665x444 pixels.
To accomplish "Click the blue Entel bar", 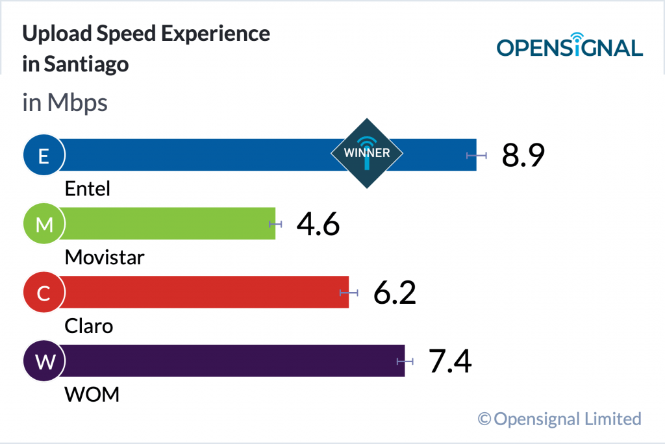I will coord(195,154).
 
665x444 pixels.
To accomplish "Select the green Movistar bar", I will coord(169,223).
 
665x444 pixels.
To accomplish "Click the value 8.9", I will coord(523,155).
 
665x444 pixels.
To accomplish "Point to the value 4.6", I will coord(318,224).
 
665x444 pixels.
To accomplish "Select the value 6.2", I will coord(394,293).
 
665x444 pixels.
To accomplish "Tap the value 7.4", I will coord(450,362).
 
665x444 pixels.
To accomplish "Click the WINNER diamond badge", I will coord(367,154).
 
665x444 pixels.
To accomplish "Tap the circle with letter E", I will coord(44,155).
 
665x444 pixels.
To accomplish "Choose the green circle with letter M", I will coord(44,224).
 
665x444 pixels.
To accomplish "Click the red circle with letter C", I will coord(44,293).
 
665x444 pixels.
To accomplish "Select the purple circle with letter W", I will coord(44,362).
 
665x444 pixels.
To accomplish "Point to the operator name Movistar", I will coord(105,258).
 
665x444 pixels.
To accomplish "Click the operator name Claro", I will coord(89,326).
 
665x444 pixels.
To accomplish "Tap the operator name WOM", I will coord(92,394).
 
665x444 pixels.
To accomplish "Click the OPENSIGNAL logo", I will coord(570,45).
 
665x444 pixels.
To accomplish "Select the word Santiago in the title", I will coord(86,65).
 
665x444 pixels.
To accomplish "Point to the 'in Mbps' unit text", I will coord(65,103).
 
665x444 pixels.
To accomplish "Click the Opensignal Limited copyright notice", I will coord(560,419).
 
